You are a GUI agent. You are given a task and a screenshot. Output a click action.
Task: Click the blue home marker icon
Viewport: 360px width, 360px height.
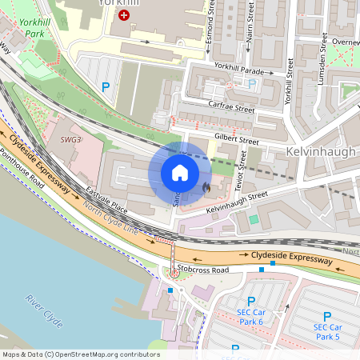[180, 173]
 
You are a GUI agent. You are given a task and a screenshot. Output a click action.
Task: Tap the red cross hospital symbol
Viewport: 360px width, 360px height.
[124, 15]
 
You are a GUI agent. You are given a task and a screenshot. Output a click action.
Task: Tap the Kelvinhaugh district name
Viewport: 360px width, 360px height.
[320, 151]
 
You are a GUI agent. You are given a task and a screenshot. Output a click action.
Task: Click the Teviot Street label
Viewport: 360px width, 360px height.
[239, 170]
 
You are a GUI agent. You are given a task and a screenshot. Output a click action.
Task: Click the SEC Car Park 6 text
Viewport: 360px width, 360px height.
[250, 317]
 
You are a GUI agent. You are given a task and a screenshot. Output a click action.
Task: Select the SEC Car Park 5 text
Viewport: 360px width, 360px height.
[326, 332]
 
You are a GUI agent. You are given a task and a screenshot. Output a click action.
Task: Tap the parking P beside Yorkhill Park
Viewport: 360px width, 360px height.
[105, 87]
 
